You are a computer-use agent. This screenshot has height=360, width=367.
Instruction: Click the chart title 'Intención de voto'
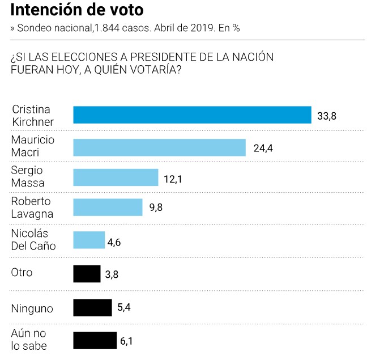pos(77,10)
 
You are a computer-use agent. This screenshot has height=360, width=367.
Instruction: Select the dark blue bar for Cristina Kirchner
pos(192,115)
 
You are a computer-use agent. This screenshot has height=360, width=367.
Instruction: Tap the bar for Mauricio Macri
pos(159,147)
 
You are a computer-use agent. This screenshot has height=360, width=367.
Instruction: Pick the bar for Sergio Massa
pos(116,177)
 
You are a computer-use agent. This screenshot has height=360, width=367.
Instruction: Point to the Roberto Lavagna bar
pos(108,207)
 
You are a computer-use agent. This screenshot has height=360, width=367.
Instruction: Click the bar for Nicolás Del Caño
pos(89,240)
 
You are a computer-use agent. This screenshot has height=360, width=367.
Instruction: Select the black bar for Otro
pos(87,273)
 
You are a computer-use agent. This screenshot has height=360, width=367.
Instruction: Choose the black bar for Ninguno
pos(92,308)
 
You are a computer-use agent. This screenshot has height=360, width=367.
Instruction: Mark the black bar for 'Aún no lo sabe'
pos(95,340)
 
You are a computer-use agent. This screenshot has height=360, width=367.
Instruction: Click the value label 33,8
pos(327,117)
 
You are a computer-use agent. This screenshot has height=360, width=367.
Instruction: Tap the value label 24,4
pos(262,149)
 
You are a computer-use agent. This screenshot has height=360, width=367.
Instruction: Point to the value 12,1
pos(173,179)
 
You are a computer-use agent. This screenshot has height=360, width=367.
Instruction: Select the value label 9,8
pos(156,208)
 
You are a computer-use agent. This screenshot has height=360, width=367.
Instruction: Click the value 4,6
pos(114,243)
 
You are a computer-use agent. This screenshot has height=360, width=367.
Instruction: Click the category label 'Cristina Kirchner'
pos(33,115)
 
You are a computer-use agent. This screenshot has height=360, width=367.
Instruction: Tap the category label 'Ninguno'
pos(32,308)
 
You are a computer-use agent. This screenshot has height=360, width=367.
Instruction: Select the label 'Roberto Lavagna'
pos(32,207)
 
